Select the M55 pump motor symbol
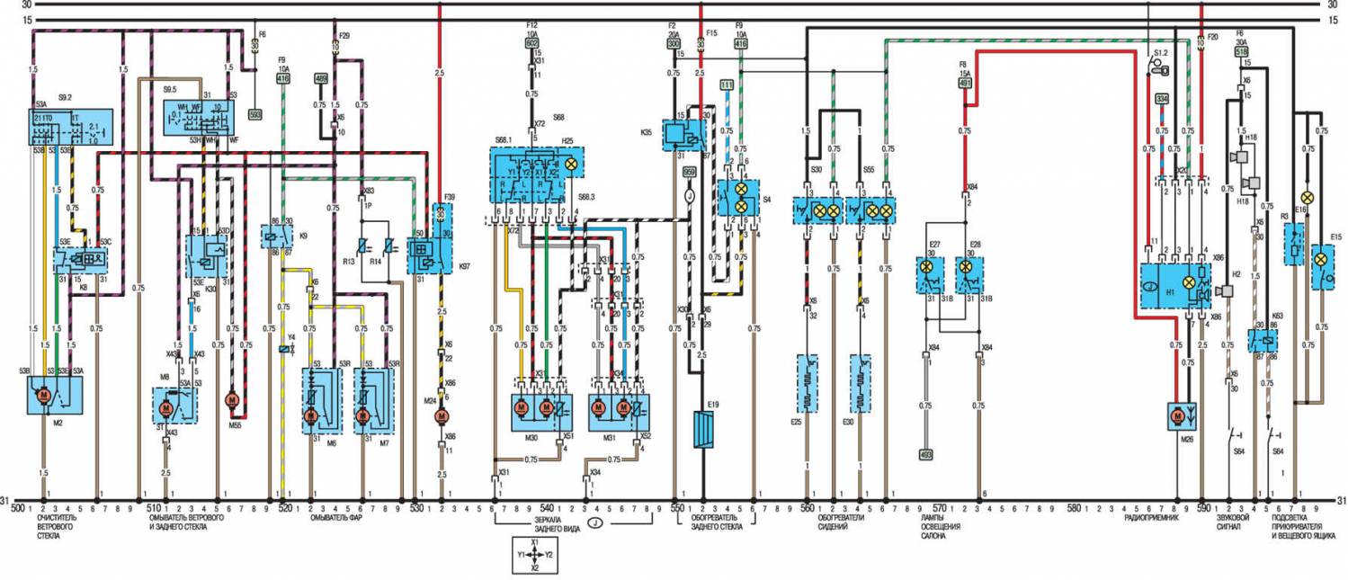[x=230, y=397]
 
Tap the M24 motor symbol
[x=442, y=416]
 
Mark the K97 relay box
[x=425, y=256]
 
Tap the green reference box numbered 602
[x=531, y=42]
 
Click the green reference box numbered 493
[x=927, y=454]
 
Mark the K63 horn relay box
[x=1263, y=340]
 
